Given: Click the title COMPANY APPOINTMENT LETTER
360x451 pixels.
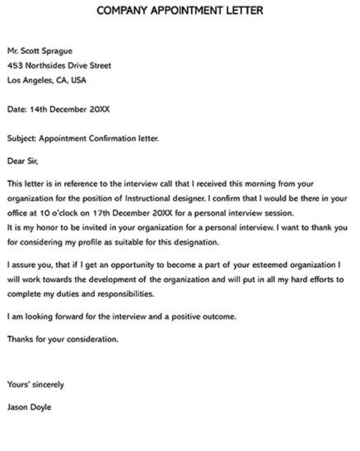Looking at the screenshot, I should (180, 12).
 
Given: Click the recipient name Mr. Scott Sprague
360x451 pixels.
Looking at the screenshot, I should (42, 50).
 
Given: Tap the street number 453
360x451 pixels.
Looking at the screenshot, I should (15, 65).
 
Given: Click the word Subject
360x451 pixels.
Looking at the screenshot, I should (21, 138).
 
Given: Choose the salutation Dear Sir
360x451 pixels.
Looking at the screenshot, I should (22, 160).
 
